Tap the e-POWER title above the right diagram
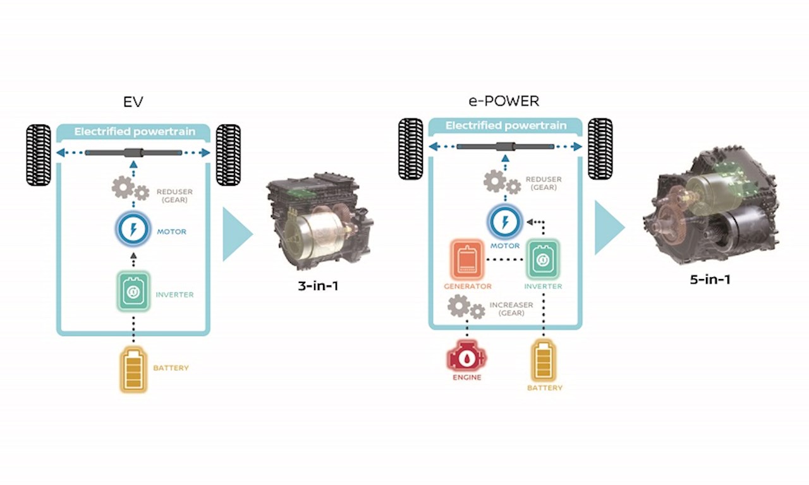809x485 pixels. coord(504,101)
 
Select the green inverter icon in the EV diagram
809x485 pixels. coord(133,290)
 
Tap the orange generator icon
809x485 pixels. coord(467,260)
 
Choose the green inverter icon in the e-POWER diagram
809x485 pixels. coord(543,260)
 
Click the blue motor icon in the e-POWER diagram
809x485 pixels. coord(504,222)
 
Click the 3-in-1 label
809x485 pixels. coord(318,286)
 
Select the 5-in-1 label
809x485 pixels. coord(710,278)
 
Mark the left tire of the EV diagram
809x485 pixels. coord(39,155)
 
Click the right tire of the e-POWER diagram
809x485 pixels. coord(600,148)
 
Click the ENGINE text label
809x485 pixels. coord(466,378)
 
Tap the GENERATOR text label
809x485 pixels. coord(467,286)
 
